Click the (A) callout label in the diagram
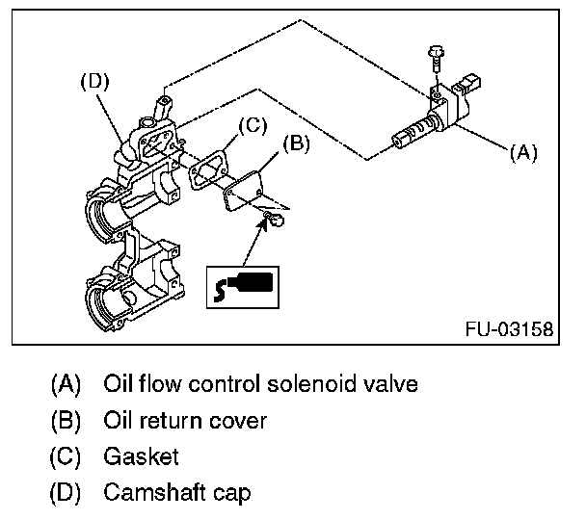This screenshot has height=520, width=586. [x=521, y=152]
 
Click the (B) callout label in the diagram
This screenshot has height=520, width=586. [x=296, y=144]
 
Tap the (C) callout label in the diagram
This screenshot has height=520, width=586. [x=250, y=124]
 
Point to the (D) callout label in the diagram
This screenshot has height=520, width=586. [x=94, y=82]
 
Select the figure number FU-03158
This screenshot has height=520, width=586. [x=508, y=329]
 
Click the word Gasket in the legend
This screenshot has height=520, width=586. [x=141, y=456]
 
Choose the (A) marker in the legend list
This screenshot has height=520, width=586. [x=67, y=384]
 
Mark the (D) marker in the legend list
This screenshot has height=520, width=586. [x=67, y=493]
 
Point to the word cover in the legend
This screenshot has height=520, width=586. [x=241, y=421]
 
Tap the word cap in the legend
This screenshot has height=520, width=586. [x=234, y=493]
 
